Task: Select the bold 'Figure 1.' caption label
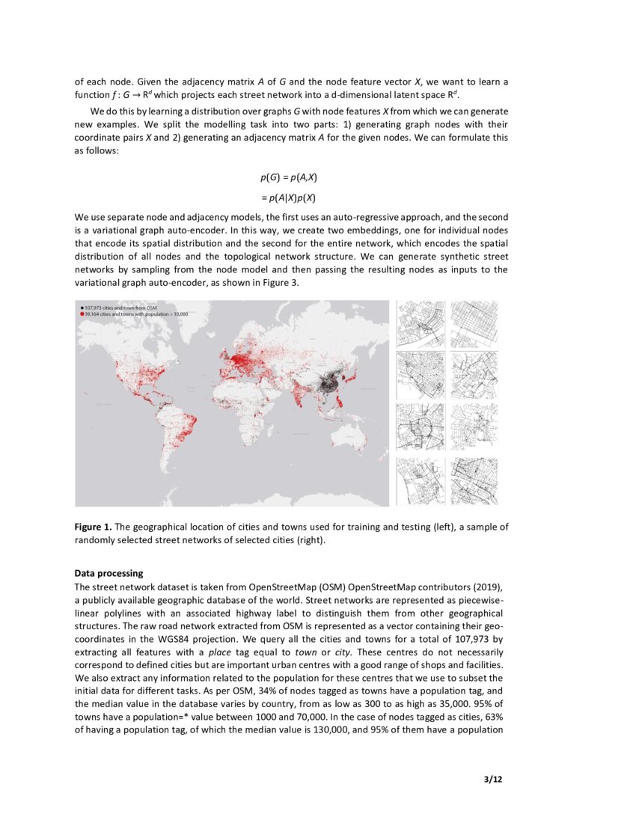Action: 93,527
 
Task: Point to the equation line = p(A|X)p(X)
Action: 289,198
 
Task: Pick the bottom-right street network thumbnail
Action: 474,480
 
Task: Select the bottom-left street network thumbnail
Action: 419,480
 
